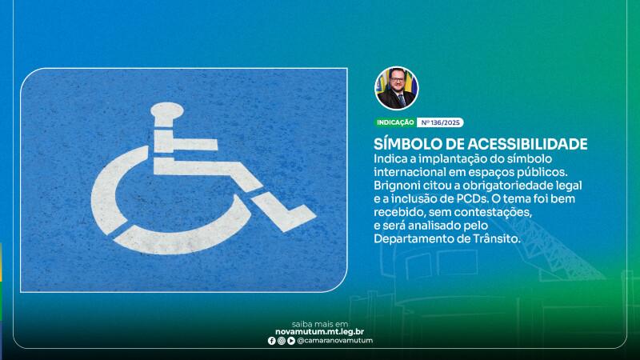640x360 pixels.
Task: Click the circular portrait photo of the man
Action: (x=396, y=88)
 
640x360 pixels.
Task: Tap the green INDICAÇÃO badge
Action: (x=395, y=122)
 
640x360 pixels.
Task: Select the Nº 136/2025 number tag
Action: (x=440, y=122)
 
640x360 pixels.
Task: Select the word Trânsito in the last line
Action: (x=497, y=238)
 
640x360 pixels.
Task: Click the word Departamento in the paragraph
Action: (x=416, y=239)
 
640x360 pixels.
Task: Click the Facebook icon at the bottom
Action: (x=271, y=341)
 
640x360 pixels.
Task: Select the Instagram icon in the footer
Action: (x=282, y=341)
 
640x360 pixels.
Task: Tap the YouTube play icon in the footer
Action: (x=291, y=341)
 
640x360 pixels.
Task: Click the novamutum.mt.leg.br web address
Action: (x=319, y=332)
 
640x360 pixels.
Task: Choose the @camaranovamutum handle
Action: (x=334, y=341)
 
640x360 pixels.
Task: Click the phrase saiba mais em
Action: (x=320, y=324)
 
